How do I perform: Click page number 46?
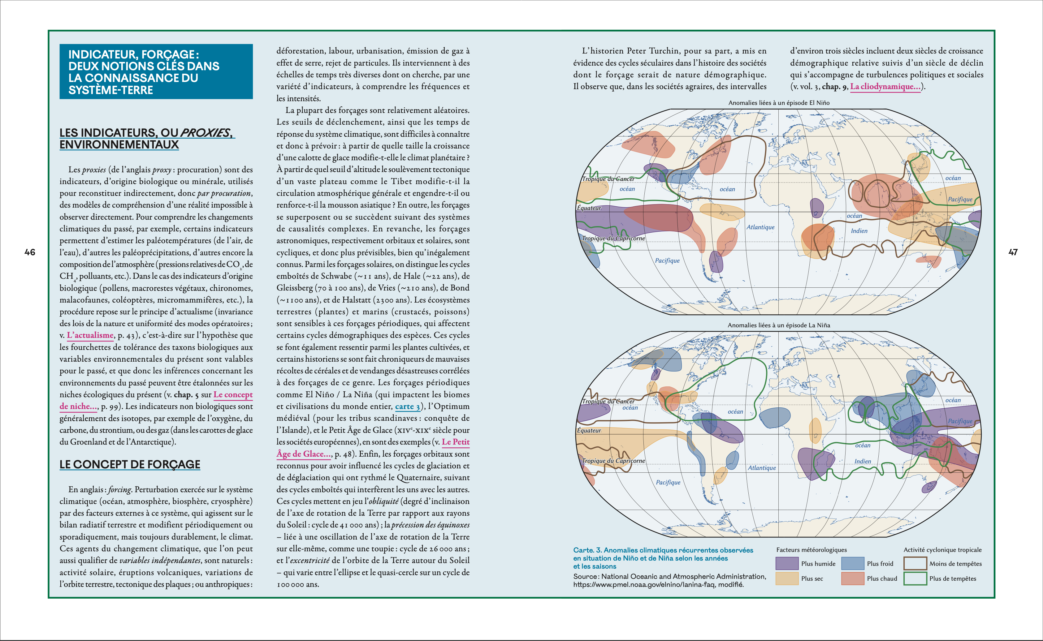(x=30, y=252)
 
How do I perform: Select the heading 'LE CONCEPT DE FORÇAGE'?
(x=130, y=464)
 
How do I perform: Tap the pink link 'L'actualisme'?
(x=90, y=335)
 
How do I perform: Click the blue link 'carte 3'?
(x=407, y=407)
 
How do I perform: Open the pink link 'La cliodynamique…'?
(x=885, y=87)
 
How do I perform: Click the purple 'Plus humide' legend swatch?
(x=786, y=563)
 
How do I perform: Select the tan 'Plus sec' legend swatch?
(x=786, y=578)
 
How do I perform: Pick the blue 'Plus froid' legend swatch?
(x=852, y=563)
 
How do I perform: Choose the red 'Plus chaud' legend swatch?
(x=852, y=578)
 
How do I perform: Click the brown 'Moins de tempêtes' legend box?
(x=915, y=563)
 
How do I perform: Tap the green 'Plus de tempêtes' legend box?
(x=915, y=578)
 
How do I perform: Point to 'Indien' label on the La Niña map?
(x=862, y=461)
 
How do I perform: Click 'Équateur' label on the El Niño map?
(x=589, y=208)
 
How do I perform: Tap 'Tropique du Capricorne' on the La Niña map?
(x=613, y=461)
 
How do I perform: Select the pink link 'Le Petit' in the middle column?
(x=455, y=442)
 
